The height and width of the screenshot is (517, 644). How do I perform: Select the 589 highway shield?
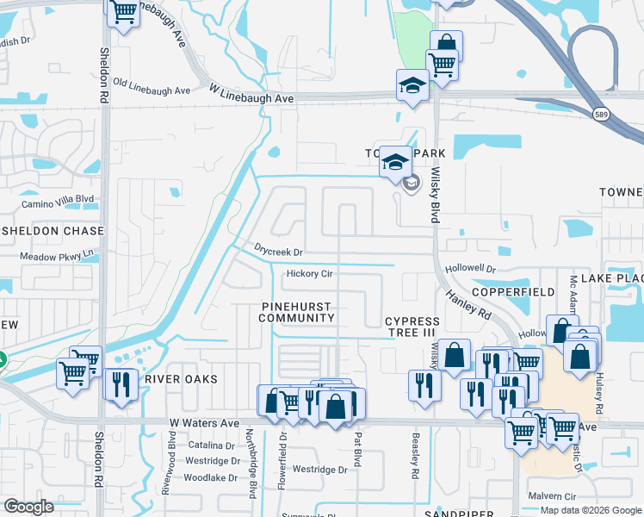[601, 114]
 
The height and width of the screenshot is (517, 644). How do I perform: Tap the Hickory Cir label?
[309, 274]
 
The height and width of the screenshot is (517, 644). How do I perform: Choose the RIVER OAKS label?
[181, 379]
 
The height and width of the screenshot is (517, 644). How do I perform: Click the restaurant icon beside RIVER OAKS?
[121, 383]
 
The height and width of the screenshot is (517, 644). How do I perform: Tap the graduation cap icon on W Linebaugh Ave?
[412, 85]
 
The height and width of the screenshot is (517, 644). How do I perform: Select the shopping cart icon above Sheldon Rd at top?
[124, 10]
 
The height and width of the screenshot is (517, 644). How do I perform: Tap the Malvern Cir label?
[553, 497]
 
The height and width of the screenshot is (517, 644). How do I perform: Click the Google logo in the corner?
[28, 508]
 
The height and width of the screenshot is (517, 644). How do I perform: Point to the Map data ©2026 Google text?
[590, 510]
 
